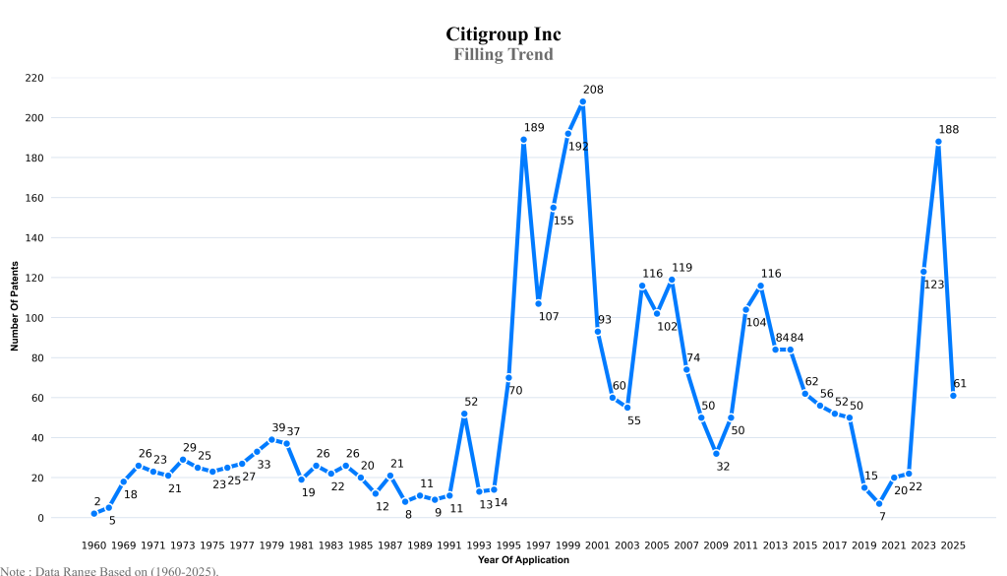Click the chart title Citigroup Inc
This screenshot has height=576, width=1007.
tap(503, 34)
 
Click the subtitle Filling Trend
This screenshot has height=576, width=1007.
tap(503, 54)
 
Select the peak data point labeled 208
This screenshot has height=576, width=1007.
tap(583, 101)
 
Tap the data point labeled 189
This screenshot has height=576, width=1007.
tap(524, 140)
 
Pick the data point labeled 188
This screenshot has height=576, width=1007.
tap(939, 142)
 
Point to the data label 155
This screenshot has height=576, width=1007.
tap(563, 221)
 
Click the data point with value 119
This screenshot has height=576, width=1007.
tap(672, 280)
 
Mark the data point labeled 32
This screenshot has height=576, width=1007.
tap(717, 454)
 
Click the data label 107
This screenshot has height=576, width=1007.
tap(549, 316)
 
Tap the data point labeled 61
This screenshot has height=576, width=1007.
tap(954, 396)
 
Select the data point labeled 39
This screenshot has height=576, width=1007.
tap(272, 440)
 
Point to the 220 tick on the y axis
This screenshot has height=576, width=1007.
tap(34, 78)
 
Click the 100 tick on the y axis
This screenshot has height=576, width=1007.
tap(34, 318)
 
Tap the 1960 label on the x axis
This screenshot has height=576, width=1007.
tap(94, 544)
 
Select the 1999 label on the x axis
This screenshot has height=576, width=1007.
tap(568, 544)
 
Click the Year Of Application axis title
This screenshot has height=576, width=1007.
tap(523, 560)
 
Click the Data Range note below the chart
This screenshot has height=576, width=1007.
tap(109, 570)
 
